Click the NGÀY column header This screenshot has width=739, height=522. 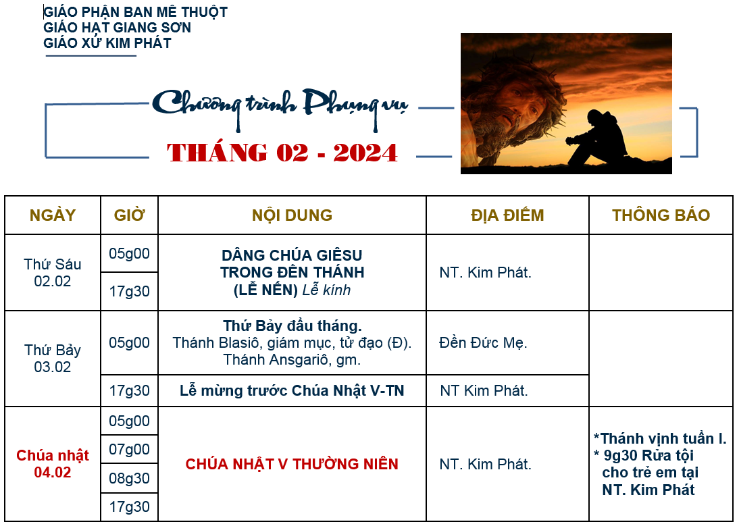[52, 215]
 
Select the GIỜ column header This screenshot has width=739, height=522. [129, 215]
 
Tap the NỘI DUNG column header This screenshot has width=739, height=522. [292, 215]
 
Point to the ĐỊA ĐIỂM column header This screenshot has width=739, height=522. [507, 215]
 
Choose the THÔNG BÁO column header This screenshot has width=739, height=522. [661, 215]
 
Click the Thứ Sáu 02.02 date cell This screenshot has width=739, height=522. [52, 273]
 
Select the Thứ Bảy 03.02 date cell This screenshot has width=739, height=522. [52, 359]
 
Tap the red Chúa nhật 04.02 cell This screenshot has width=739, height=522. [52, 464]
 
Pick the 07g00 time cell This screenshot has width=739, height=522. [129, 450]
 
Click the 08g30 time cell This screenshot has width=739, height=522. [129, 478]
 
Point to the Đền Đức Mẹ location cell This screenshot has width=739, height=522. [483, 342]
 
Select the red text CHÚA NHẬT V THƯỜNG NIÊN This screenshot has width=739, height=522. [292, 464]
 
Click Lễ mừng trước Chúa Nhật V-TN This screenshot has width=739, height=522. [292, 390]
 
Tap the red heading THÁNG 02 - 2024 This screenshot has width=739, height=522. [282, 153]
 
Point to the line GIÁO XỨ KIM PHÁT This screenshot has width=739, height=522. [107, 43]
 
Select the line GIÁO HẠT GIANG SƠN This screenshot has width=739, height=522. [118, 28]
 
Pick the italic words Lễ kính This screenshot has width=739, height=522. [326, 290]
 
